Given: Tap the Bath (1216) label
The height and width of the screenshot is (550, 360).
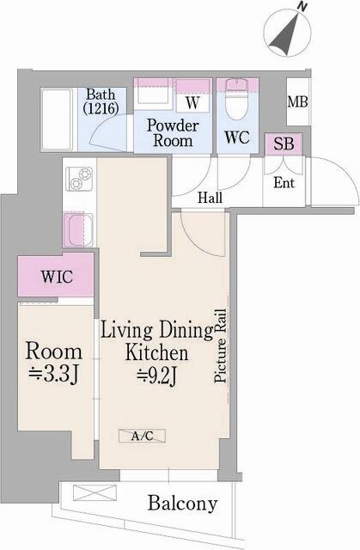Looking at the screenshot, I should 101,101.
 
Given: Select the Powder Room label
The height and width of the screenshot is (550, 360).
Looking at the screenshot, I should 173,133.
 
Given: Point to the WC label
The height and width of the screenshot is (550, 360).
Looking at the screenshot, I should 236,137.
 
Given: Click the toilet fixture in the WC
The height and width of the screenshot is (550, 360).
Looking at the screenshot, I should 235,101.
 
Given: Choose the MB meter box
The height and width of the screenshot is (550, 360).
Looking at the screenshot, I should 297,102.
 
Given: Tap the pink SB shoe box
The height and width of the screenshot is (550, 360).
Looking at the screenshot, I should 283,144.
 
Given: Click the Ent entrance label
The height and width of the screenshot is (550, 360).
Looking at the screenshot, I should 284,181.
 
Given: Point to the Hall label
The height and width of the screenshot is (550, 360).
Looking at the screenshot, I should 210,198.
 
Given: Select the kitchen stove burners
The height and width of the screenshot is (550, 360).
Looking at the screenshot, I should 82,181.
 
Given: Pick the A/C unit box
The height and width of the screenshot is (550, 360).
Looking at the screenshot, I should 142,437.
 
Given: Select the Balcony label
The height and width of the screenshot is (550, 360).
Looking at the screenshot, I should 181,504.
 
